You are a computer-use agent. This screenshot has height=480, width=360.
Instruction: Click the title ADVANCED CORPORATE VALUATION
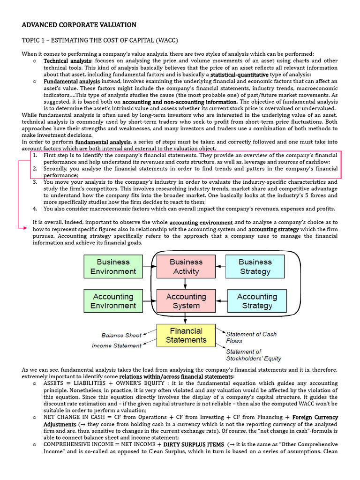click(79, 25)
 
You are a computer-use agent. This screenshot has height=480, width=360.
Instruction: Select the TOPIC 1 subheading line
click(100, 40)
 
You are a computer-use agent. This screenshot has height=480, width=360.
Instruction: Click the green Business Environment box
click(113, 267)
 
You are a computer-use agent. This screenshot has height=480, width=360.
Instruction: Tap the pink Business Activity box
click(186, 267)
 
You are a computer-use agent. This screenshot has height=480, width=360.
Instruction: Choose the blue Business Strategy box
click(255, 267)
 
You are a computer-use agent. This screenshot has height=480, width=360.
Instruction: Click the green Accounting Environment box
click(113, 301)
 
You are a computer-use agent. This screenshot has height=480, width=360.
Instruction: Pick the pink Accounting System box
click(186, 301)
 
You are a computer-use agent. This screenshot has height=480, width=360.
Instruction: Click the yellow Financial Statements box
click(186, 335)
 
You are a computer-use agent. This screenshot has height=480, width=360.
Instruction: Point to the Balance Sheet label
click(121, 335)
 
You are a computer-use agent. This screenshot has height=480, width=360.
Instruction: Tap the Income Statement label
click(117, 345)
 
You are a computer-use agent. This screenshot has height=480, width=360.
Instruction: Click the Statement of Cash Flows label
click(251, 337)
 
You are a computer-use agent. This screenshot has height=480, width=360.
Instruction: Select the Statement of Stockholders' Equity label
click(253, 355)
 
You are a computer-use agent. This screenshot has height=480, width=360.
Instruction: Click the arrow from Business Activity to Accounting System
click(186, 284)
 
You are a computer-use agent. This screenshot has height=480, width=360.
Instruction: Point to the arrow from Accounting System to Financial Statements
click(186, 318)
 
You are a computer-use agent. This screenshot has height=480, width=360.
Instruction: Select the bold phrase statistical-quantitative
click(240, 75)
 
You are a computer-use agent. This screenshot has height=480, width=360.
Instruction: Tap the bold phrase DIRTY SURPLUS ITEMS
click(193, 444)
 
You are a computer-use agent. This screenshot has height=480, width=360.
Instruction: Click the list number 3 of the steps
click(35, 182)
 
